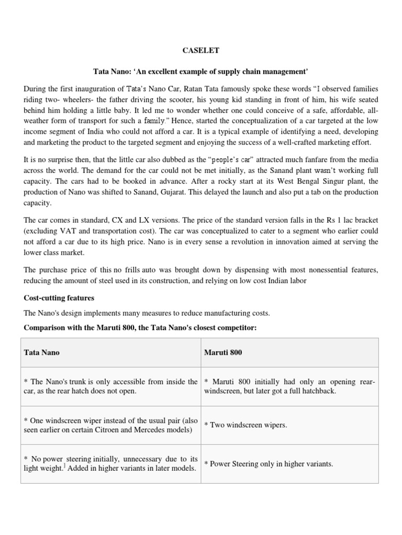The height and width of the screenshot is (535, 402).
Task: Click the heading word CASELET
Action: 200,51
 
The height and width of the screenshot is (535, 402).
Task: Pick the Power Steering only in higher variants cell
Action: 268,464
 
